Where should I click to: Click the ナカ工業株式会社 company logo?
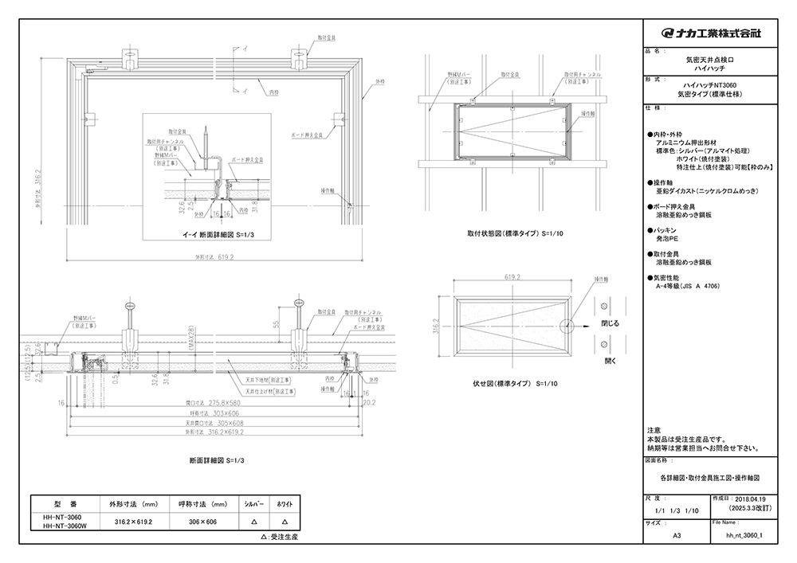coord(711,33)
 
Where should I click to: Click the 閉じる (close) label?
coord(611,325)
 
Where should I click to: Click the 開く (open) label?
coord(610,360)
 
